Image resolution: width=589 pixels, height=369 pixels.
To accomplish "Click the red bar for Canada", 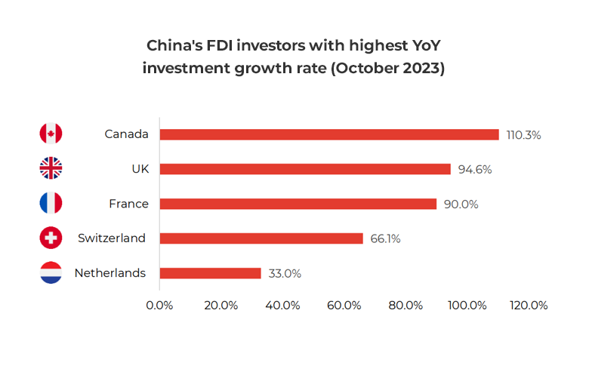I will pos(329,134).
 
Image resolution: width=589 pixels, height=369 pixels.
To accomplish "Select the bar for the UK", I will pos(305,169).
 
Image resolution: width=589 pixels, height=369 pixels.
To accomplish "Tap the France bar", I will pos(298,204).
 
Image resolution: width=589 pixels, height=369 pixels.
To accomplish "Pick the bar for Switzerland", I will pos(261,238).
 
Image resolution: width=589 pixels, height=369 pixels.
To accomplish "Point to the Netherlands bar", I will pos(210,273).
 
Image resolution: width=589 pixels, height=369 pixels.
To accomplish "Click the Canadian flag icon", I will pos(51,134).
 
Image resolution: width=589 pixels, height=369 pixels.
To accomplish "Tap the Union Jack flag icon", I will pos(51,168).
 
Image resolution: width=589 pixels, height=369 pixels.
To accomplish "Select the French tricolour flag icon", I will pos(51,203).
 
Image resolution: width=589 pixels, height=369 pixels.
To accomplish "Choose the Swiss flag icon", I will pos(51,238).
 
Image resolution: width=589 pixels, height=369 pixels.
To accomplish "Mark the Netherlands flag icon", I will pos(51,272).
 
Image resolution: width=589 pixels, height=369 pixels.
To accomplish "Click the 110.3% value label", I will pos(524,135).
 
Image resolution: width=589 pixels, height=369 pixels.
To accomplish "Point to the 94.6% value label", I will pos(475,170).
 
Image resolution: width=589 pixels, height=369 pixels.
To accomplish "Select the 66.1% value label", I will pos(385,239).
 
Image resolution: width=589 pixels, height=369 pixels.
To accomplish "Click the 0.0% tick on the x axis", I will pos(159,305).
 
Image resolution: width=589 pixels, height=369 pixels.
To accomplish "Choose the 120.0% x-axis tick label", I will pos(529,305).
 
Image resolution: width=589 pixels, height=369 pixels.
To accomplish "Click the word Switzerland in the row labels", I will pos(112,238).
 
